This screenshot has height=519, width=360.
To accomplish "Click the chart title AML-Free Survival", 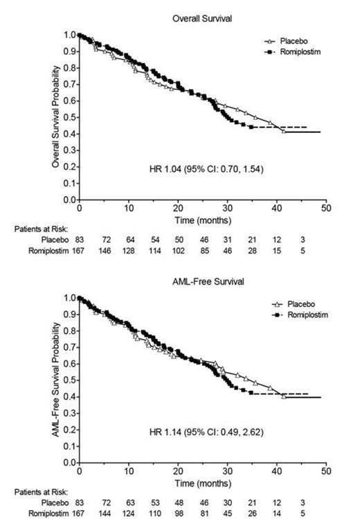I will [x=202, y=283].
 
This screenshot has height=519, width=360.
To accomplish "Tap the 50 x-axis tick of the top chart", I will [x=326, y=209].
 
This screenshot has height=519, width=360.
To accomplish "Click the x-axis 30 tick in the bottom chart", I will [x=227, y=472].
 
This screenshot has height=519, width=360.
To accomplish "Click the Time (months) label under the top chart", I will [x=202, y=220].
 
